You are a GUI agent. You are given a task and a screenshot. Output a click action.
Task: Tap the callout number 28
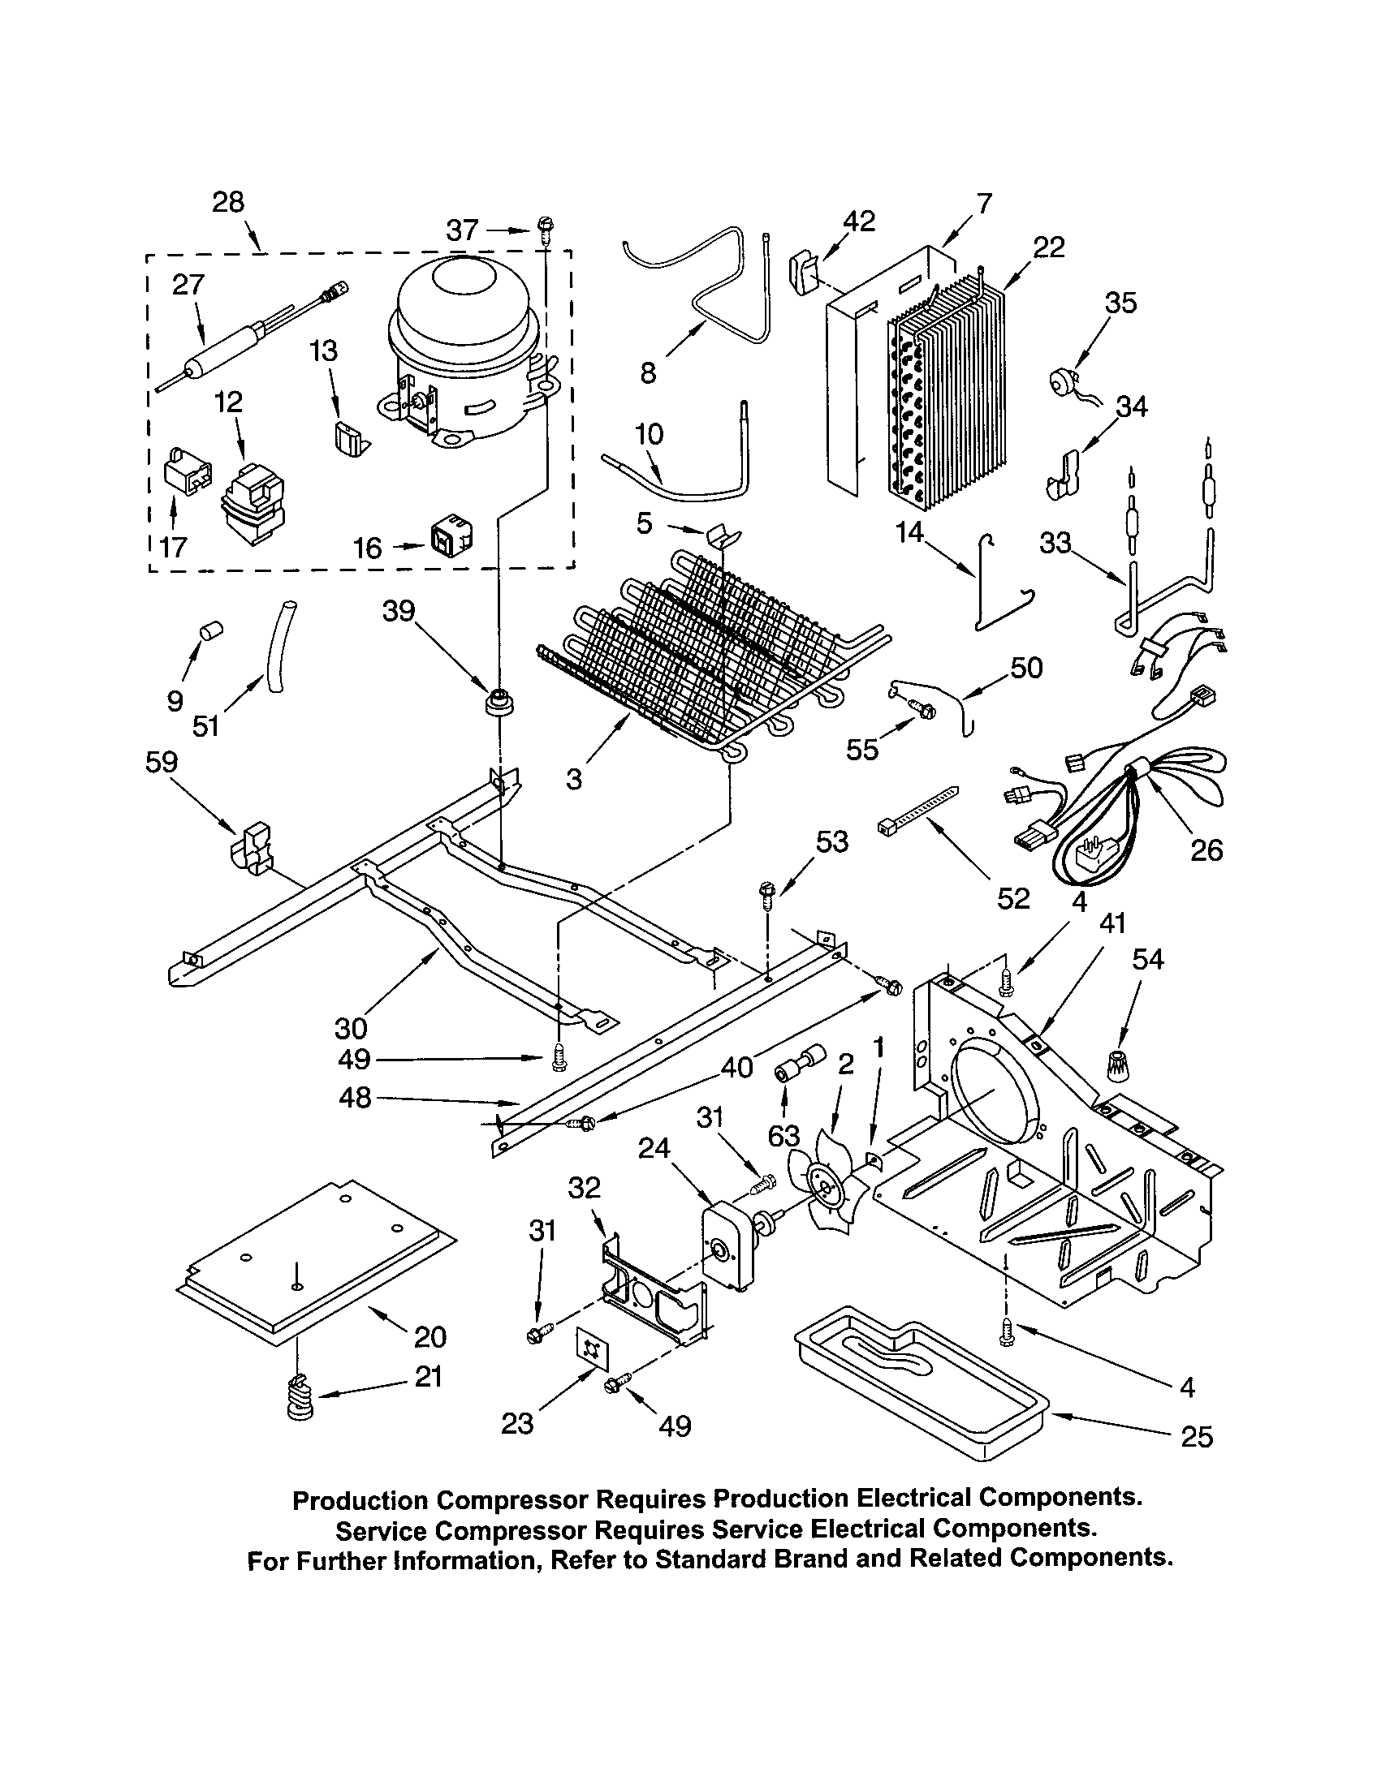click(x=228, y=202)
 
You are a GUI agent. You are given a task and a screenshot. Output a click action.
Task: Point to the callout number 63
click(x=784, y=1136)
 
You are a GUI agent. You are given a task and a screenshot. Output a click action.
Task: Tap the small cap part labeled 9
click(x=212, y=631)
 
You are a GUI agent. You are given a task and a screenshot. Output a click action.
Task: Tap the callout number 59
click(x=161, y=763)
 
